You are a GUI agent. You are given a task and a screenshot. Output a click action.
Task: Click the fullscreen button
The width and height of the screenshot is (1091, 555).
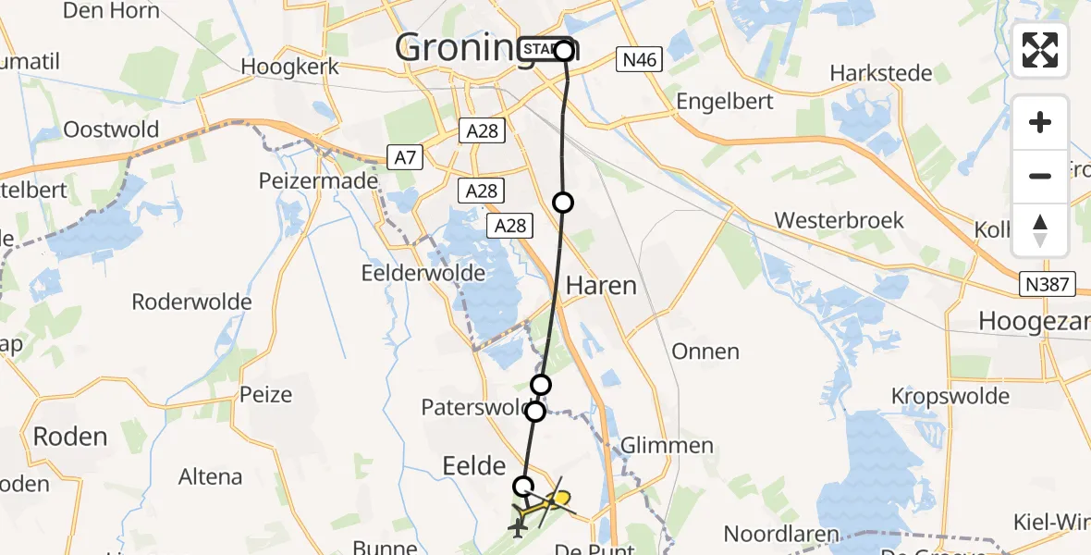pos(1040,50)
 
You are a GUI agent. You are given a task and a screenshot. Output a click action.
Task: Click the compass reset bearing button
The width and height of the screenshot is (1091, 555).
pos(1040,229)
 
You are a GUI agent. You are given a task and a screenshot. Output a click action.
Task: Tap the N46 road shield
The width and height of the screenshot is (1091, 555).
pos(640,61)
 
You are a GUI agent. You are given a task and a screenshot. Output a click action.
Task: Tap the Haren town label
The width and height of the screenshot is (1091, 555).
pos(602,285)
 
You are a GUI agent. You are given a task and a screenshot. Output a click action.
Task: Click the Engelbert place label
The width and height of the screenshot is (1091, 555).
pos(725,101)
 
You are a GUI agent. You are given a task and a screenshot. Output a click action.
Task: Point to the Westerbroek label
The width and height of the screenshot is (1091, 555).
pos(840,220)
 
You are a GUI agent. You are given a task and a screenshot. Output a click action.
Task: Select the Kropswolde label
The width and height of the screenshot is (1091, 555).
pos(950,396)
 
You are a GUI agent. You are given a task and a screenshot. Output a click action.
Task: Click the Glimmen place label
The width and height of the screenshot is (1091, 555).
pos(668,446)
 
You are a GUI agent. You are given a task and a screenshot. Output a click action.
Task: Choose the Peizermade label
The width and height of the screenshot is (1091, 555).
pos(319,179)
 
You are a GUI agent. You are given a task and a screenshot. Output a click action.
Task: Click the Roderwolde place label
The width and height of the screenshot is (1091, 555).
pos(192,302)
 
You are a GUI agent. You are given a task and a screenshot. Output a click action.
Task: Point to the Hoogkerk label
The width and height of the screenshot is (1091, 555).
pos(289,67)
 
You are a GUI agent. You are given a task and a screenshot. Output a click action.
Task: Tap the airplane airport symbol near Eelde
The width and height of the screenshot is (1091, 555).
pos(517,527)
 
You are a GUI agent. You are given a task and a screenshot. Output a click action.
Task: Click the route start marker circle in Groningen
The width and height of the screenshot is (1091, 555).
pos(564,51)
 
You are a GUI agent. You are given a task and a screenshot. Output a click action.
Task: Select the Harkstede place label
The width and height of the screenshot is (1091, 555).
pos(879,72)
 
